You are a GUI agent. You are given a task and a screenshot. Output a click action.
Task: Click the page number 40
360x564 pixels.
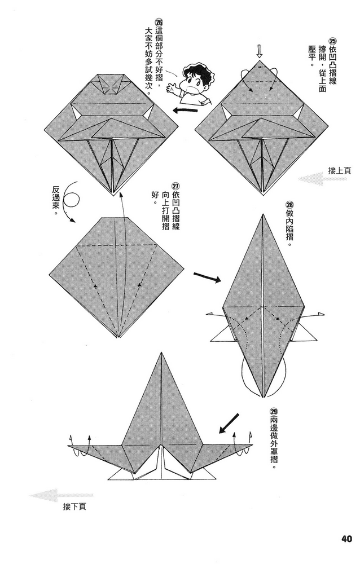346,538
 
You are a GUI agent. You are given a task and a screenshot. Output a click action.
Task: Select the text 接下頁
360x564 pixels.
74,507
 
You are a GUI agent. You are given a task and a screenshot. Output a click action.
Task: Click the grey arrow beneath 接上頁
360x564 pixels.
319,180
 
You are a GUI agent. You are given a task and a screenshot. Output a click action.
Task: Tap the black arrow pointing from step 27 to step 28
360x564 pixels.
207,277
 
